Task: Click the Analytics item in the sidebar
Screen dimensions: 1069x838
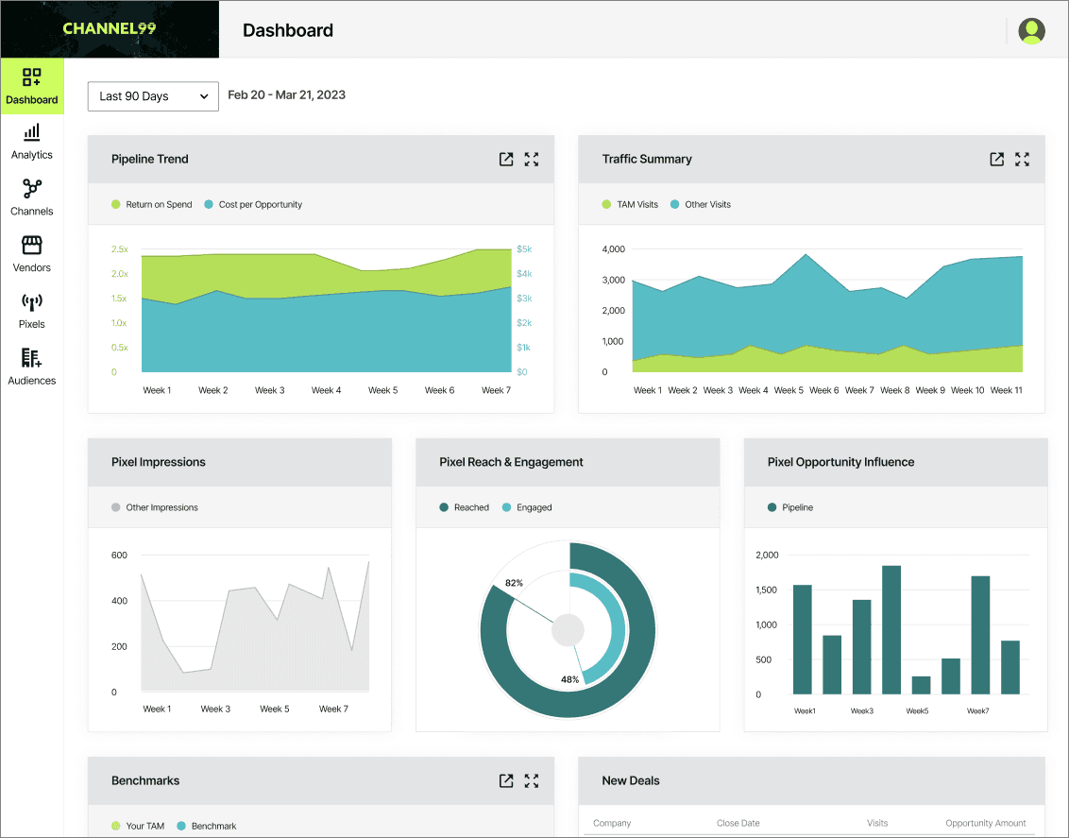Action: [31, 142]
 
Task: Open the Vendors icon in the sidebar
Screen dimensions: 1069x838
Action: [32, 245]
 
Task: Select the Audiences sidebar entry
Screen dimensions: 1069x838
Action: [31, 367]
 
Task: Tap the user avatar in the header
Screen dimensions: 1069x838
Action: [1031, 30]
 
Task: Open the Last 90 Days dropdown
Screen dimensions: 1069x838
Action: [153, 96]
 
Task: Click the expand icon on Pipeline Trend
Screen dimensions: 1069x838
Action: [532, 159]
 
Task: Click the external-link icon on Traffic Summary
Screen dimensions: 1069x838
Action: [996, 159]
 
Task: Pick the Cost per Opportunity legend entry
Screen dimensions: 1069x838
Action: [253, 205]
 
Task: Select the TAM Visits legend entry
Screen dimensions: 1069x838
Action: [630, 205]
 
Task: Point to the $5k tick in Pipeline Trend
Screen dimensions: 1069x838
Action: [523, 248]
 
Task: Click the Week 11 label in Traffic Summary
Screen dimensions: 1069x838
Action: [1007, 390]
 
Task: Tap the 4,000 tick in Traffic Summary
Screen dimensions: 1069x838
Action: [614, 248]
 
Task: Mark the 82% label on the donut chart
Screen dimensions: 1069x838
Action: [514, 583]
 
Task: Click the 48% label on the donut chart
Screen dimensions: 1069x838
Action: [570, 679]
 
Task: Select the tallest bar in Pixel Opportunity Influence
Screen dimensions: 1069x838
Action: [891, 630]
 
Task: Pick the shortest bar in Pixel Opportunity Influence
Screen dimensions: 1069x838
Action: [921, 685]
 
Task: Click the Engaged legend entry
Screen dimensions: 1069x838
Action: [527, 507]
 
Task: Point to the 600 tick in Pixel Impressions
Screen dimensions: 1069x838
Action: [119, 555]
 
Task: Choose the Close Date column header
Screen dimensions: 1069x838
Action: [738, 823]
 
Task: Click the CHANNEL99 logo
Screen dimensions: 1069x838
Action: [110, 28]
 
